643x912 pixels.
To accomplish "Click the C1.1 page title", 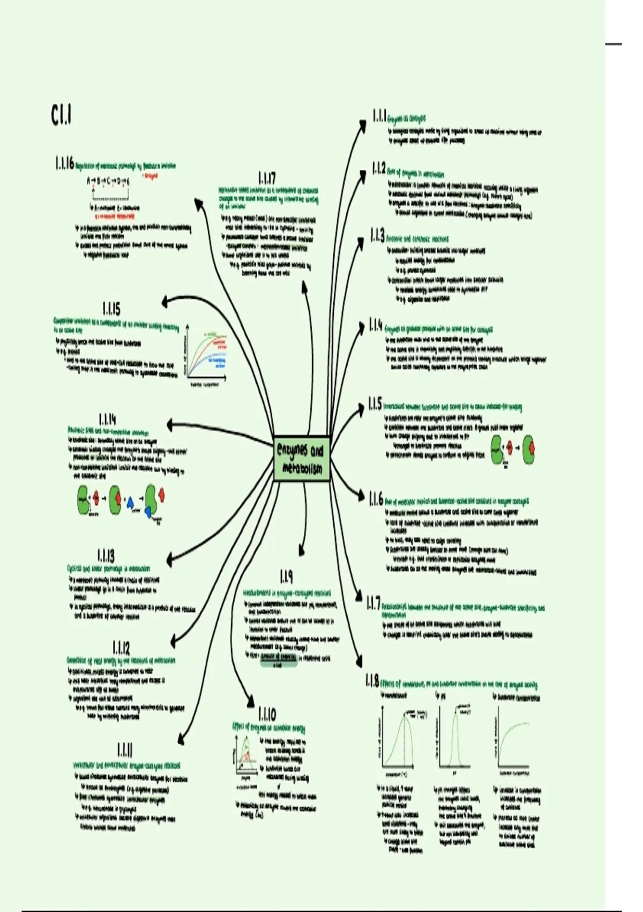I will click(62, 116).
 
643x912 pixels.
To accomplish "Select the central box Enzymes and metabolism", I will click(301, 458).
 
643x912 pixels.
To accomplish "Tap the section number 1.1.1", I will click(379, 116).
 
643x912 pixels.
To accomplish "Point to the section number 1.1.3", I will click(378, 235).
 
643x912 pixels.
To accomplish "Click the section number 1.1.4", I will click(376, 325).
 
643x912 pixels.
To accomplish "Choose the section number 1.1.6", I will click(376, 498).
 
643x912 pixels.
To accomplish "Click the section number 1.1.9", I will click(286, 577).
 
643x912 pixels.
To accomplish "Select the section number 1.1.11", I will click(125, 749).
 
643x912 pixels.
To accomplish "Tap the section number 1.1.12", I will click(121, 648).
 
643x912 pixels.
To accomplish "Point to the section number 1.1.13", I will click(106, 556).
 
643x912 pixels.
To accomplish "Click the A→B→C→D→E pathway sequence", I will click(108, 181).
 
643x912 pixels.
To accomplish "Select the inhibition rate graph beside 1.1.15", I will click(206, 355).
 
